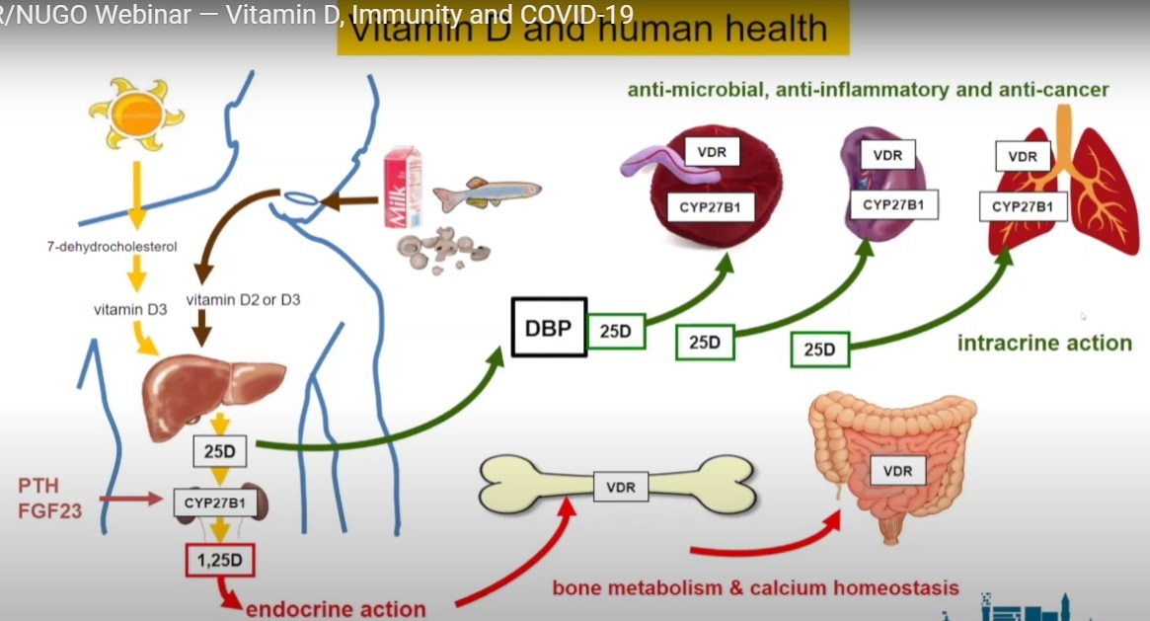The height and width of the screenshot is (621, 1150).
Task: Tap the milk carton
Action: (x=402, y=189)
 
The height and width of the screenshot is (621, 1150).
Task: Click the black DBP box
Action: (x=549, y=328)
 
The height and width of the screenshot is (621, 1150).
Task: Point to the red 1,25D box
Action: (x=221, y=562)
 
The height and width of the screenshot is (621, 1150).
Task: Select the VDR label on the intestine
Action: (x=897, y=471)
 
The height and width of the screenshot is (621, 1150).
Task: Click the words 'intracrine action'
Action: (x=1044, y=344)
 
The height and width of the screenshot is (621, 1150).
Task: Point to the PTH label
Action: (x=39, y=485)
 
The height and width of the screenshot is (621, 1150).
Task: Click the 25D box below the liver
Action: (x=220, y=453)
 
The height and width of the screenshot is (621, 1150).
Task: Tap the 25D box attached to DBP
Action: (x=615, y=333)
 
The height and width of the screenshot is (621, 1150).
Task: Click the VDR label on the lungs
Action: (x=1023, y=156)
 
